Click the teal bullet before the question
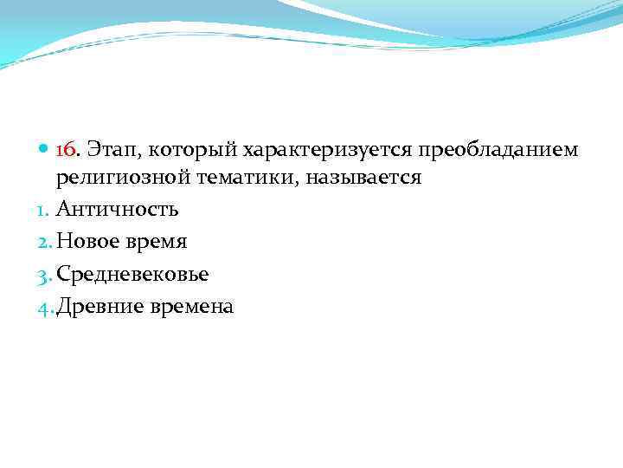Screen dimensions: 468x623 point(45,151)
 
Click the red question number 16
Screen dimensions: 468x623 point(67,150)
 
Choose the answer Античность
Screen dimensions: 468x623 point(118,210)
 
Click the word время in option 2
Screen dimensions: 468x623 point(159,243)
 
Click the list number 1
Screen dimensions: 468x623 point(46,210)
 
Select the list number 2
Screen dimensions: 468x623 point(47,242)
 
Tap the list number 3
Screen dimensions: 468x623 point(47,275)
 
